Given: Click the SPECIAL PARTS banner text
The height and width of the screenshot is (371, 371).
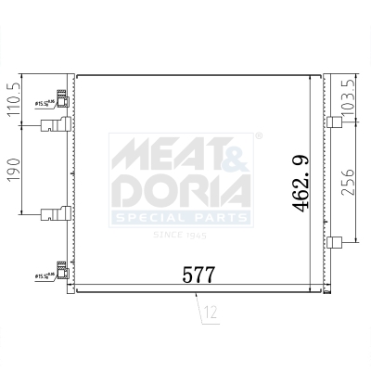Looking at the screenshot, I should point(181,218).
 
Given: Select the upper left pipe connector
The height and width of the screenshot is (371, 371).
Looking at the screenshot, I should point(54,128).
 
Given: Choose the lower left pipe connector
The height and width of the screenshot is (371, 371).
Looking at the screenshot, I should point(54,215).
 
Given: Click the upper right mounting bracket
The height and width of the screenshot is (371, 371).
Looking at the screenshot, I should point(335,121).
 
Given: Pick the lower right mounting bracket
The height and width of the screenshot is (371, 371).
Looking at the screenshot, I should point(335,243).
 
